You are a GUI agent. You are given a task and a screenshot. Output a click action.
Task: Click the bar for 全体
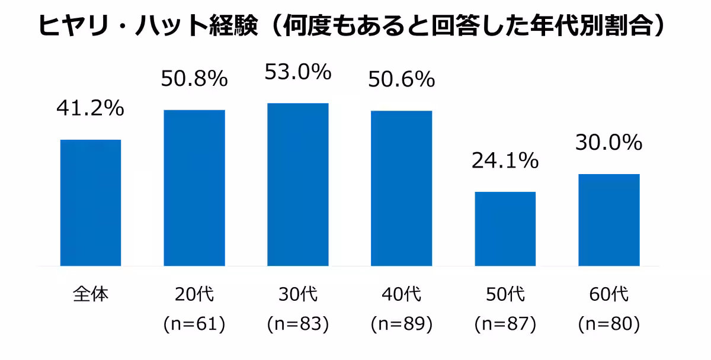click(x=91, y=202)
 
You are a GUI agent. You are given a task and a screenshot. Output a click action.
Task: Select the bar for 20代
click(x=194, y=188)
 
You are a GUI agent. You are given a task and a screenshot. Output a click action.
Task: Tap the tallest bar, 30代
click(x=298, y=184)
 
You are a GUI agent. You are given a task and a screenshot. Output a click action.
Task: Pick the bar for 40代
click(x=401, y=188)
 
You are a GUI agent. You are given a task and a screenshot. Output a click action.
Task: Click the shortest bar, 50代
click(x=505, y=229)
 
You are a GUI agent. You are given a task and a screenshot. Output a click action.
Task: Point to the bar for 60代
click(x=608, y=220)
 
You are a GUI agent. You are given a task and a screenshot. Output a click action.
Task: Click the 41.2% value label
click(x=90, y=108)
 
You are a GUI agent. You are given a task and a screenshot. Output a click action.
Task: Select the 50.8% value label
click(x=194, y=79)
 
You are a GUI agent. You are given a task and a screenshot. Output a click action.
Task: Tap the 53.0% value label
click(x=297, y=72)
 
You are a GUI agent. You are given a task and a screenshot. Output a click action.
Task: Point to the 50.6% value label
click(x=401, y=79)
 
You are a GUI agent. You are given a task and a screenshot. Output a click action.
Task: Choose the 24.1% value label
click(x=505, y=160)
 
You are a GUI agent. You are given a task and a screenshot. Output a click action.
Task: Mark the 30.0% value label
click(x=608, y=142)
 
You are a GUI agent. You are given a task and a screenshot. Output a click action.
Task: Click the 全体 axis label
click(x=91, y=294)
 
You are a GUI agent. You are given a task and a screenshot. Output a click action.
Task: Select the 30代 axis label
click(x=297, y=294)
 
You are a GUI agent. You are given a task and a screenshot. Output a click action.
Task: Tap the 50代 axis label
click(x=505, y=294)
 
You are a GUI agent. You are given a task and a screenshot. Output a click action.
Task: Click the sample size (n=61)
click(x=194, y=324)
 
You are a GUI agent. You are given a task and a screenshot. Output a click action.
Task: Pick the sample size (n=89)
click(x=401, y=324)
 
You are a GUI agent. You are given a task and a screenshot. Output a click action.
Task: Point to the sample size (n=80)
click(x=608, y=324)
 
